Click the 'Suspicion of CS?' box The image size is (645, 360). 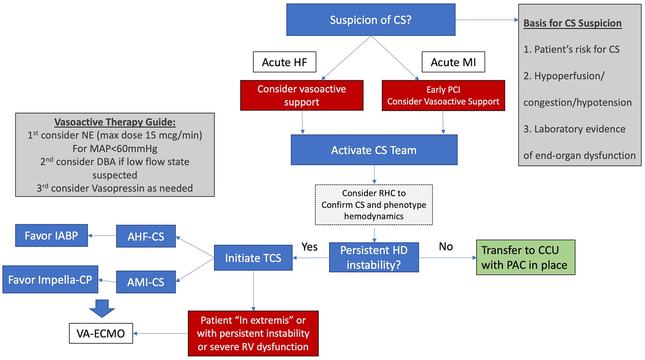[371, 20]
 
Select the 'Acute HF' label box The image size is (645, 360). [284, 62]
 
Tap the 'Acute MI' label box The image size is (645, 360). [453, 62]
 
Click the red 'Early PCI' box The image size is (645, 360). [443, 95]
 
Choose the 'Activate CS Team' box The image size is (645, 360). [374, 150]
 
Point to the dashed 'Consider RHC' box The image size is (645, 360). [374, 205]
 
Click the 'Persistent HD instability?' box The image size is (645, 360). [374, 257]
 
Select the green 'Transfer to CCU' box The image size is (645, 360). [526, 257]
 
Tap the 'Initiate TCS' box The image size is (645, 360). [253, 258]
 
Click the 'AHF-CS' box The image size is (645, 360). [146, 236]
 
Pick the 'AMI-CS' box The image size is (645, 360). [146, 282]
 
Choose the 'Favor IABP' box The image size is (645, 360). [51, 236]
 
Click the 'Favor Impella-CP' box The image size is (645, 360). [50, 280]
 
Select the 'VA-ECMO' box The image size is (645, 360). [101, 333]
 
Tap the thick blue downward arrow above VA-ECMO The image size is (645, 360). [102, 308]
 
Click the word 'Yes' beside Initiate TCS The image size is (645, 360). [309, 247]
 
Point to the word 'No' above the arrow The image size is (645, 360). [446, 247]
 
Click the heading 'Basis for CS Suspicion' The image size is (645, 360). [572, 23]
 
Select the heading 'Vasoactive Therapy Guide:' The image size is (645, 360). [115, 122]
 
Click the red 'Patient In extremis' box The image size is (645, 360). [253, 333]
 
